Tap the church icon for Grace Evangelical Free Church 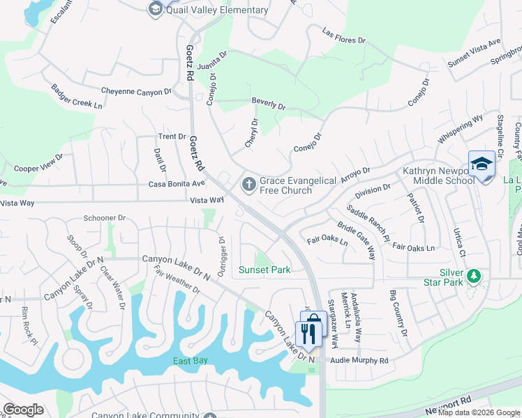[248, 185]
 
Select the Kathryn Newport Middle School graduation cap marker [481, 164]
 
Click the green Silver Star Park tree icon [475, 277]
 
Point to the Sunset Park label [264, 270]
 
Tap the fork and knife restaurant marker [308, 333]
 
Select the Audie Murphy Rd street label [359, 361]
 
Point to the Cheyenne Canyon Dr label [136, 91]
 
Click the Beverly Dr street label [268, 105]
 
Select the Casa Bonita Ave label [177, 184]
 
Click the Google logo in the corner [23, 410]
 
